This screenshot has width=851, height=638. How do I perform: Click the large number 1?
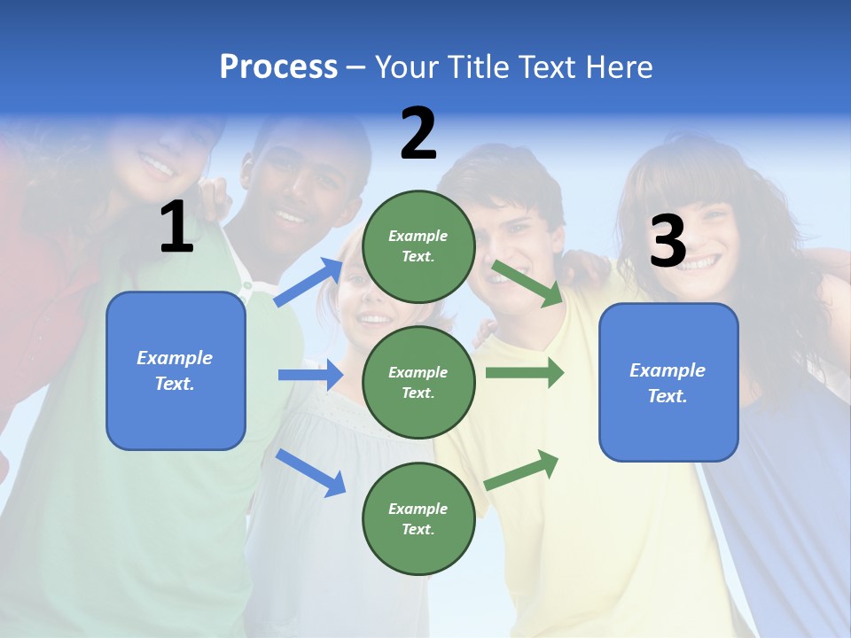pos(176,228)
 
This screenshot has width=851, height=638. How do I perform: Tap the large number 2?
pos(418,134)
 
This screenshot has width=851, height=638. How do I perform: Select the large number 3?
pos(668,242)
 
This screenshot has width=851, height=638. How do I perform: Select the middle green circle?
pos(418,382)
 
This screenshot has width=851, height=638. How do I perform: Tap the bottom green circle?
pos(418,518)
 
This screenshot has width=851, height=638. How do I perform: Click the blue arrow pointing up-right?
pos(308,282)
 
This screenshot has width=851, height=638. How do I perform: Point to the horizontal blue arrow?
pos(310,375)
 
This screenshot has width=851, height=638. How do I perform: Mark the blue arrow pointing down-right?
pos(310,472)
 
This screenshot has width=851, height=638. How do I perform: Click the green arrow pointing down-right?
pos(527,284)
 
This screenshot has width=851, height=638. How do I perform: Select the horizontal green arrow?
pos(525,373)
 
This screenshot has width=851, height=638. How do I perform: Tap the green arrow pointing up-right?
pos(522,469)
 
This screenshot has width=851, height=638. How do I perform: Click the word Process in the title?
pos(278,67)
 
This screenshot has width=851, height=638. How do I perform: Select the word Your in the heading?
pos(407,67)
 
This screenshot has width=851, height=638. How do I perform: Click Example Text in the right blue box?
pos(668,383)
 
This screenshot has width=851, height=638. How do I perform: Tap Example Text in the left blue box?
pos(175,370)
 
